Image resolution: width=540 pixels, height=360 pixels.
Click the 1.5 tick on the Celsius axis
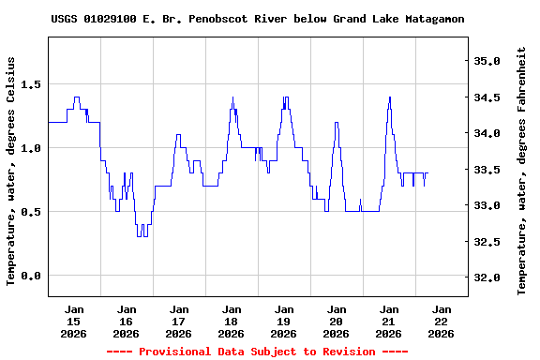point(29,84)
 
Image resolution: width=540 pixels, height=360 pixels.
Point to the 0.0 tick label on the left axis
point(29,276)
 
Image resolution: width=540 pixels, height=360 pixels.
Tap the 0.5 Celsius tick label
point(29,212)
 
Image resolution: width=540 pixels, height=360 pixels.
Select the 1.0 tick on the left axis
point(29,148)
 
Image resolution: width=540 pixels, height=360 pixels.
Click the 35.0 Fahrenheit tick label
point(488,61)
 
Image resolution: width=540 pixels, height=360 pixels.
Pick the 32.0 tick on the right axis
point(488,278)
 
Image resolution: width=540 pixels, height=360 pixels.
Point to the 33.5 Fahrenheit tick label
point(488,170)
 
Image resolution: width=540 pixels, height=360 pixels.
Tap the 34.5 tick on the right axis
point(488,97)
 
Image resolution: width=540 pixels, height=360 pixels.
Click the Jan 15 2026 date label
point(73,321)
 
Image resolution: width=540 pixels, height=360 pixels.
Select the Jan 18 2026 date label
point(231,321)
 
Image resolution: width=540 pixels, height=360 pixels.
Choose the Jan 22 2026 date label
point(441,321)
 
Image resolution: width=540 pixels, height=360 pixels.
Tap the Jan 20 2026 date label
point(336,321)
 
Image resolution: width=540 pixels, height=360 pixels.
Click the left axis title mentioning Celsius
point(10,171)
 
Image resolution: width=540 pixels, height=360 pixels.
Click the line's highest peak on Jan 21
point(389,97)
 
